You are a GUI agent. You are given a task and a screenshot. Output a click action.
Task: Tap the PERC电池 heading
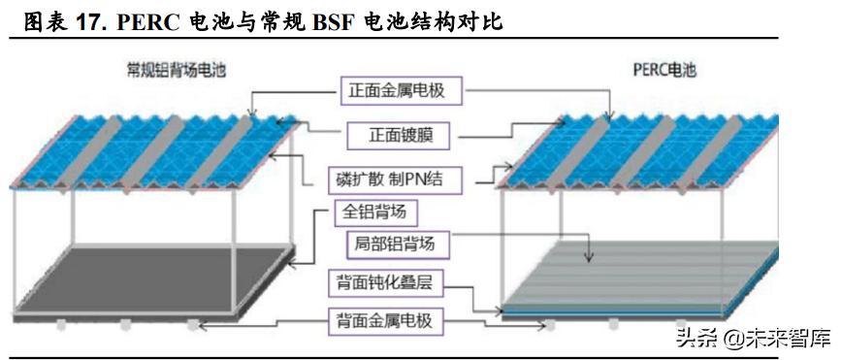coord(659,70)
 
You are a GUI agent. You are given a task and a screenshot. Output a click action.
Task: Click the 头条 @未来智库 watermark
coord(754,339)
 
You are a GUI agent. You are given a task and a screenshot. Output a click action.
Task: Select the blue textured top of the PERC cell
coord(640,150)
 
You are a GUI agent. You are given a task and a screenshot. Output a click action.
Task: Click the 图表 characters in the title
coord(44,19)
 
